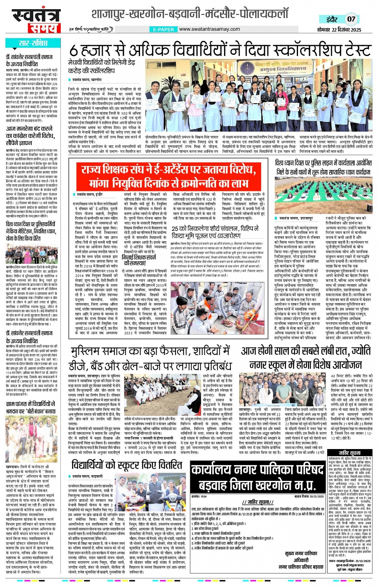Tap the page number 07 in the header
tap(351, 19)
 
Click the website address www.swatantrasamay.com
tap(209, 29)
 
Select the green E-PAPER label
tap(163, 29)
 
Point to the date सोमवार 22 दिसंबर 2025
tap(339, 30)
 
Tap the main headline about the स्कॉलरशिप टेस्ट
tap(219, 50)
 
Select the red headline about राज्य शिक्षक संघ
tap(168, 176)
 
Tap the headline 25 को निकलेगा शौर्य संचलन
tap(215, 232)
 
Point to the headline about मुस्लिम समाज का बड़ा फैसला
tap(151, 358)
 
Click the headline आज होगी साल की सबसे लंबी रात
tap(306, 358)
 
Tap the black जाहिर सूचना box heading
tap(350, 453)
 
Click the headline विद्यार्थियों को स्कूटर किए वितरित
tap(126, 465)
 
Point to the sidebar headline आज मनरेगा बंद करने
tap(30, 136)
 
